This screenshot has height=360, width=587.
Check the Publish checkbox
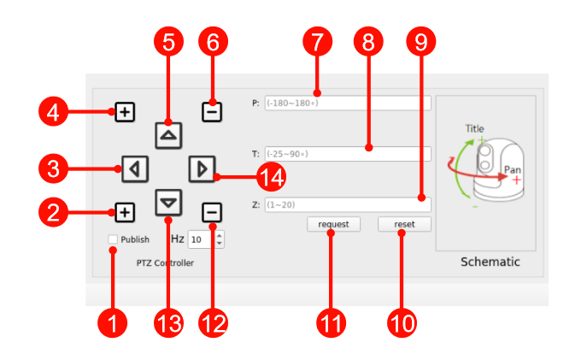coord(113,240)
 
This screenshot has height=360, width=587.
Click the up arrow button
coord(169,134)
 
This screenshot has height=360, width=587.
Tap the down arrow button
coord(169,202)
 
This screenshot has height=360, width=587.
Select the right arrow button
coord(201,168)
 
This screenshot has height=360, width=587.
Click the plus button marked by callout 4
coord(125,111)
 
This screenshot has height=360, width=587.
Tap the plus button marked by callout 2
coord(125,211)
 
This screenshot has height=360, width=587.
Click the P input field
coord(347,103)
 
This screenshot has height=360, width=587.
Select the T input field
coord(347,154)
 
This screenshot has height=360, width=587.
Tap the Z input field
coord(347,204)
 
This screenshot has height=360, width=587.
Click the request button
coord(334,224)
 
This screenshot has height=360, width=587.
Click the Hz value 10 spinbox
coord(202,240)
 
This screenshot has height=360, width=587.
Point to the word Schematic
coord(490,262)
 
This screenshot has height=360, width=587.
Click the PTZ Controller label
coord(165,263)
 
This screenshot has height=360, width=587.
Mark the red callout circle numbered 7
coord(317,41)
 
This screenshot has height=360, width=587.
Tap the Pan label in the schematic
coord(512,169)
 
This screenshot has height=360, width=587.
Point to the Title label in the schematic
coord(474,129)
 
